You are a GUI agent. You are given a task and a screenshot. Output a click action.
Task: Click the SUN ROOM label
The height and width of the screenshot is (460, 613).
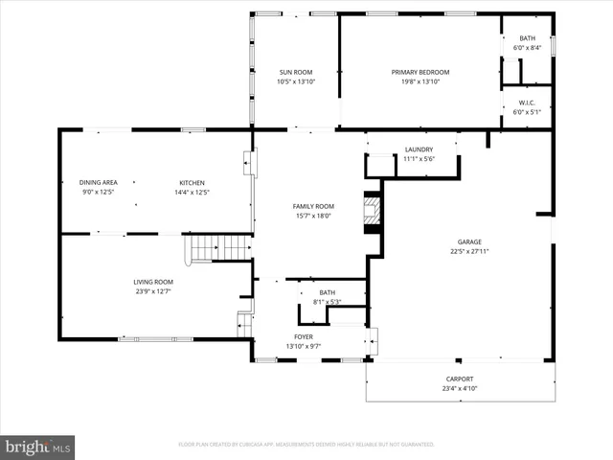click(296, 72)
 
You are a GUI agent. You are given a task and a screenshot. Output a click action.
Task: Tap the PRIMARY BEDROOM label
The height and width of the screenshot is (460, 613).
click(420, 72)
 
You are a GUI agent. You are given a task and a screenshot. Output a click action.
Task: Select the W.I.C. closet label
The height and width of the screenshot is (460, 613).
click(527, 103)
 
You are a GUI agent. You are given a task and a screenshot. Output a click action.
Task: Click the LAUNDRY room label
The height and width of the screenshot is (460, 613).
click(419, 149)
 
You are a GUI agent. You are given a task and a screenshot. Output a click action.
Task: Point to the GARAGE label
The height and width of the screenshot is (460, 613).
click(469, 242)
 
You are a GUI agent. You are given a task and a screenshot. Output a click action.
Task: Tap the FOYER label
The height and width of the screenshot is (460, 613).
click(304, 337)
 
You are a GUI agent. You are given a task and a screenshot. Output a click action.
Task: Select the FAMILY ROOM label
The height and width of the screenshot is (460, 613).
click(313, 206)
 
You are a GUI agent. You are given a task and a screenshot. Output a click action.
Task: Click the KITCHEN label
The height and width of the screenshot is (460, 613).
click(193, 182)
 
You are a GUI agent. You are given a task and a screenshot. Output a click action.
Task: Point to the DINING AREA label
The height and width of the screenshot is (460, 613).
click(99, 182)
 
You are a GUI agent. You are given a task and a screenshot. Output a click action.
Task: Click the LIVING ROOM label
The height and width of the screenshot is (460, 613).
click(153, 282)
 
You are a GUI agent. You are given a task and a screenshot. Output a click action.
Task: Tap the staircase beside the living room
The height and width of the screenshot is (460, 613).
click(219, 249)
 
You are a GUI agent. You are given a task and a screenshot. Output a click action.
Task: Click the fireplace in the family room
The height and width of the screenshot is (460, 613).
click(370, 213)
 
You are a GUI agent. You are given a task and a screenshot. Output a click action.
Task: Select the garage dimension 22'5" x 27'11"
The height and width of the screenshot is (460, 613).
click(469, 252)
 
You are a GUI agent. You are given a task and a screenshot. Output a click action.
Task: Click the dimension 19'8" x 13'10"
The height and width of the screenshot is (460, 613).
click(420, 81)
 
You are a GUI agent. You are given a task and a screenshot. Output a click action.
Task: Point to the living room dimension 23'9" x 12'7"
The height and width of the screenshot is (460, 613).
click(153, 291)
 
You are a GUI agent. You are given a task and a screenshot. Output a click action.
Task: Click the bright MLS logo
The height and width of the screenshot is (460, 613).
click(37, 447)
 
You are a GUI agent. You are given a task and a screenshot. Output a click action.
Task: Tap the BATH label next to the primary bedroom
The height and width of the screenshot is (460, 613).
click(527, 38)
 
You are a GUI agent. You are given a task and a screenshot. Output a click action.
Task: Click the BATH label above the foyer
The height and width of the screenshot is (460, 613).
click(328, 293)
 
